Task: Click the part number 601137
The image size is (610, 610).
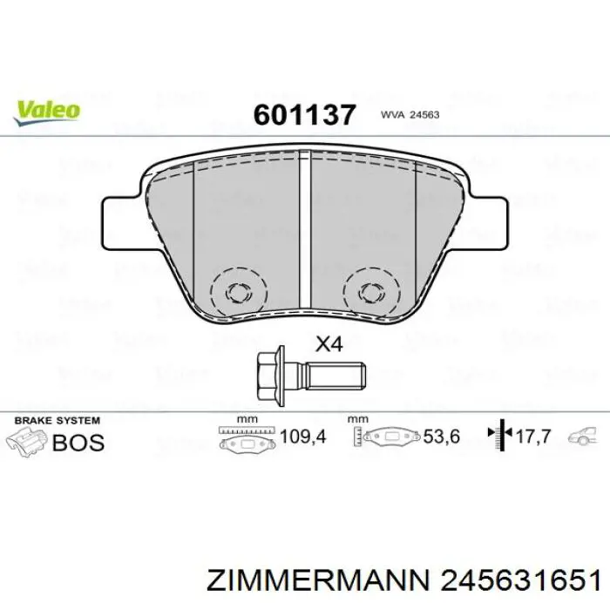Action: coord(304,114)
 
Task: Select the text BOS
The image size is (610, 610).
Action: coord(78,443)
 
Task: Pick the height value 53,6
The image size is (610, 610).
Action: coord(441,437)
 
